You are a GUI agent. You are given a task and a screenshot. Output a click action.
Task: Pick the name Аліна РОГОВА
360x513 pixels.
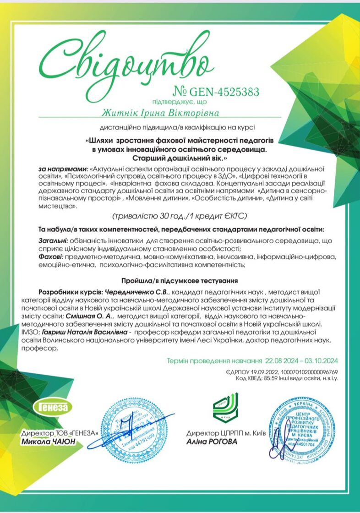pyautogui.click(x=212, y=442)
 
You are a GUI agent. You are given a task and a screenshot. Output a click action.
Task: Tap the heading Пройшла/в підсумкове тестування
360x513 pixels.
pyautogui.click(x=179, y=280)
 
